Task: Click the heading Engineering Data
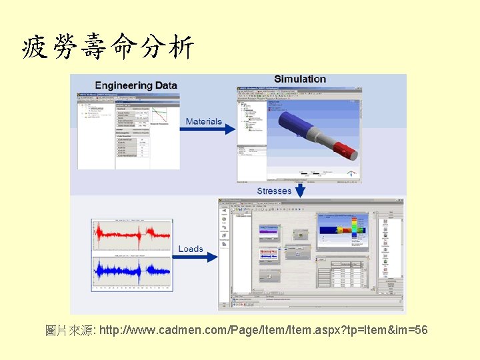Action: [136, 85]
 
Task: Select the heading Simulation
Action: [300, 79]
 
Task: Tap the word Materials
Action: [203, 121]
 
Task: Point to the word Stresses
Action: [274, 191]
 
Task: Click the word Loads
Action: [191, 249]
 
